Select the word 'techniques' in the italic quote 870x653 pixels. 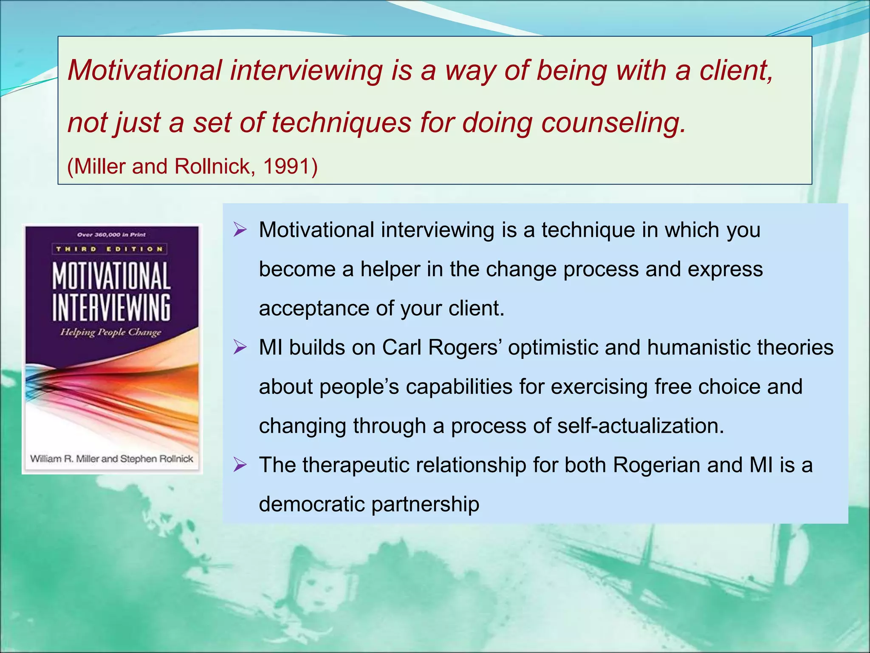coord(342,122)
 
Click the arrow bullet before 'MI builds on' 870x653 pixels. coord(240,348)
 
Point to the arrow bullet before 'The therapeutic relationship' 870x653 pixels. coord(240,465)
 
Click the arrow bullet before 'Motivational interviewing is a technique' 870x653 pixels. coord(240,230)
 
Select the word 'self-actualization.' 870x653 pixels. coord(641,426)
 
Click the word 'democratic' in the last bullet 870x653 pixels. coord(312,504)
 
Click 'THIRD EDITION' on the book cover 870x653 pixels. coord(110,249)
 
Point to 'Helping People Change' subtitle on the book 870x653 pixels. coord(111,332)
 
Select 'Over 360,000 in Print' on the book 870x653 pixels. coord(111,234)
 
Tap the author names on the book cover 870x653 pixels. coord(112,459)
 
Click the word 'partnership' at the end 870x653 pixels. coord(425,504)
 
